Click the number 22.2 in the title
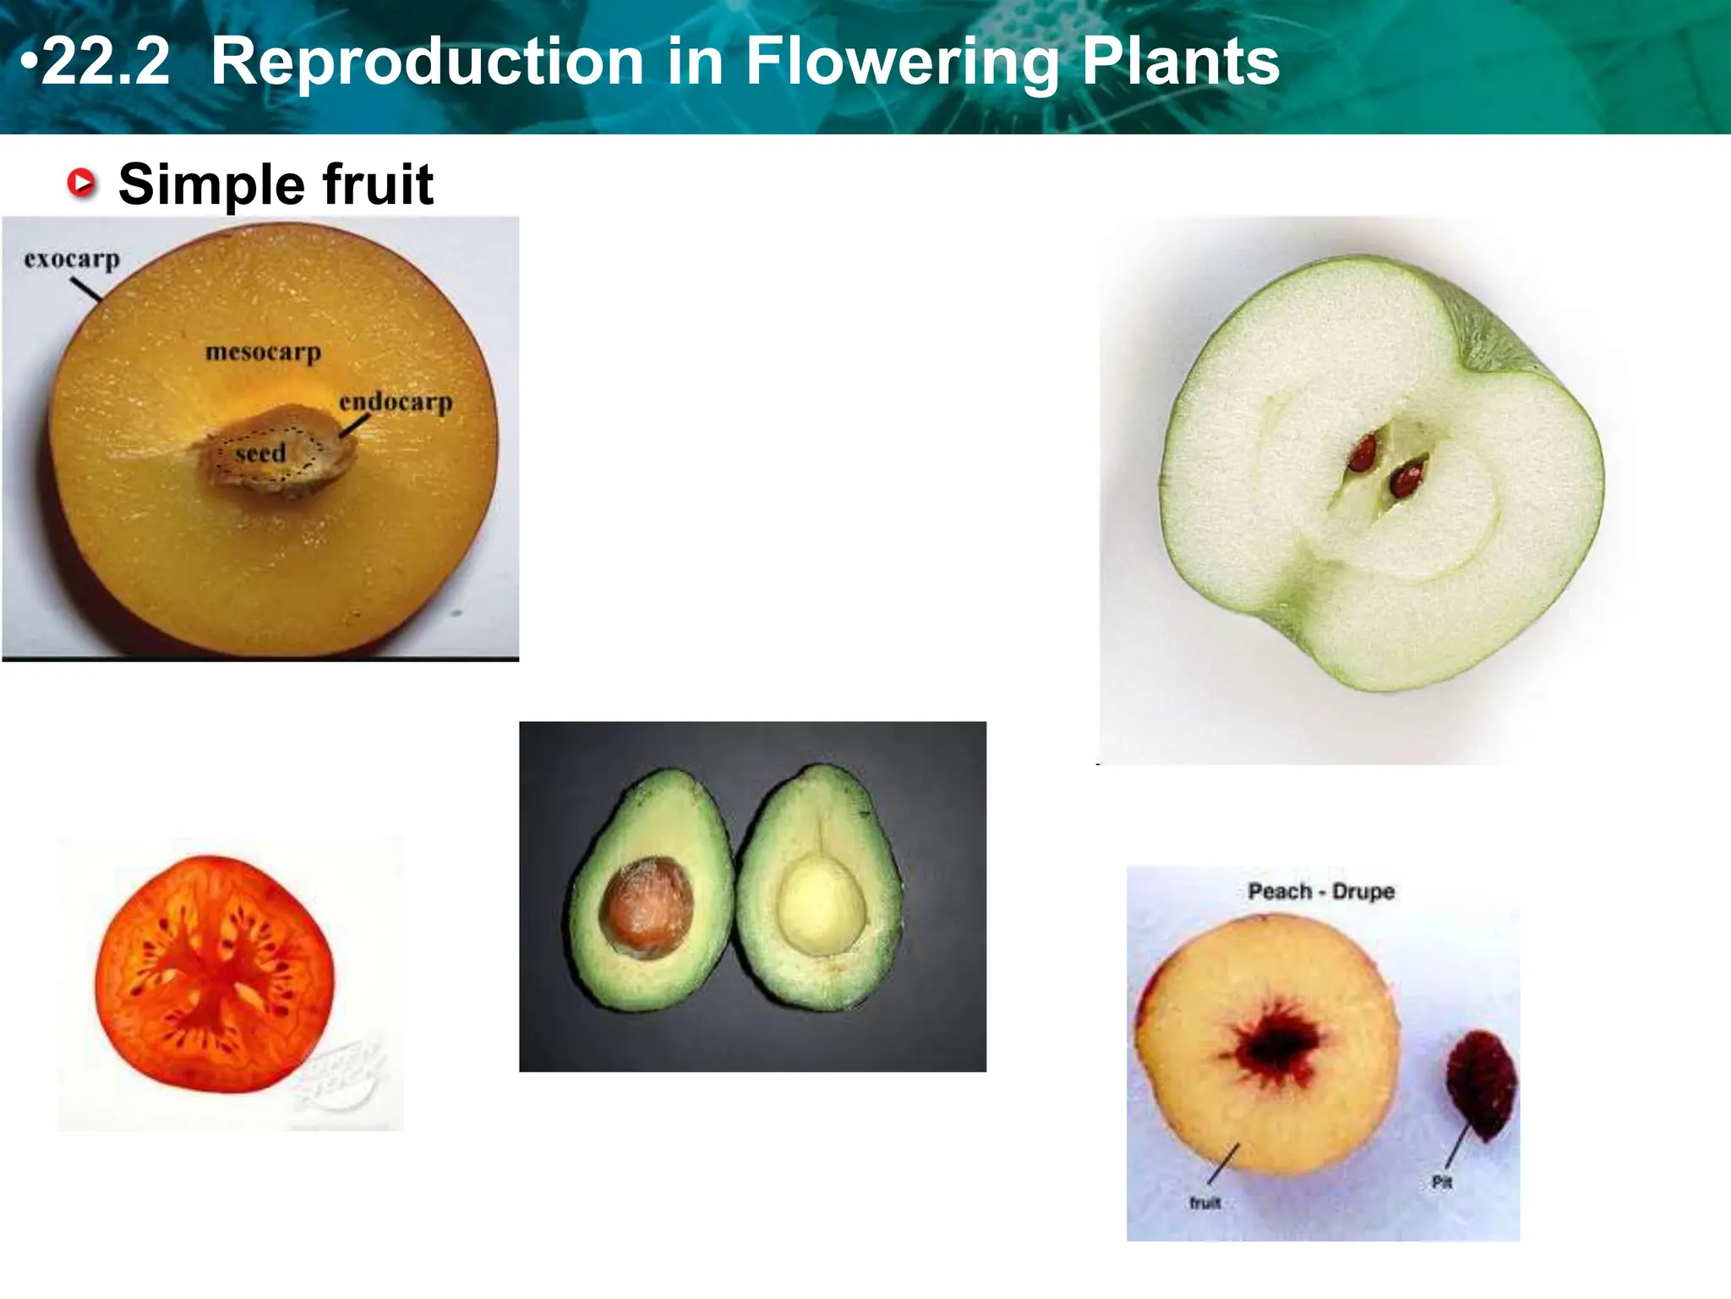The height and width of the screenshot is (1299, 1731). coord(106,62)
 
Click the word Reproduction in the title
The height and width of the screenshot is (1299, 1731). coord(427,62)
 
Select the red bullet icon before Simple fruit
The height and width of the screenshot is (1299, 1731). coord(82,183)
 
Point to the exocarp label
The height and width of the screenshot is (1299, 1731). coord(72,259)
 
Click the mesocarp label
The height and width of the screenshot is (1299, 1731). coord(263,351)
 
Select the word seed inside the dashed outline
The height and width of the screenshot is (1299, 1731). coord(260,454)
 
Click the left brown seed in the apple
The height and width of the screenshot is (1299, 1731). coord(1362,452)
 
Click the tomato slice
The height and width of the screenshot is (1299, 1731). coord(215,973)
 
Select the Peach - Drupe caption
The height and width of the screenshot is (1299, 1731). coord(1321,891)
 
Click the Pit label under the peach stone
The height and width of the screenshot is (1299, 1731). coord(1442,1182)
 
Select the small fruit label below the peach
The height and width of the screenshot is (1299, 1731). coord(1204,1203)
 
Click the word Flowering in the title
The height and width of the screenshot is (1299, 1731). coord(902,62)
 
